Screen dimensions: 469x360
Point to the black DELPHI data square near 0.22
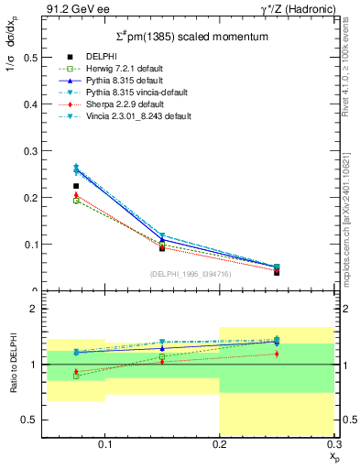[x=76, y=186]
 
